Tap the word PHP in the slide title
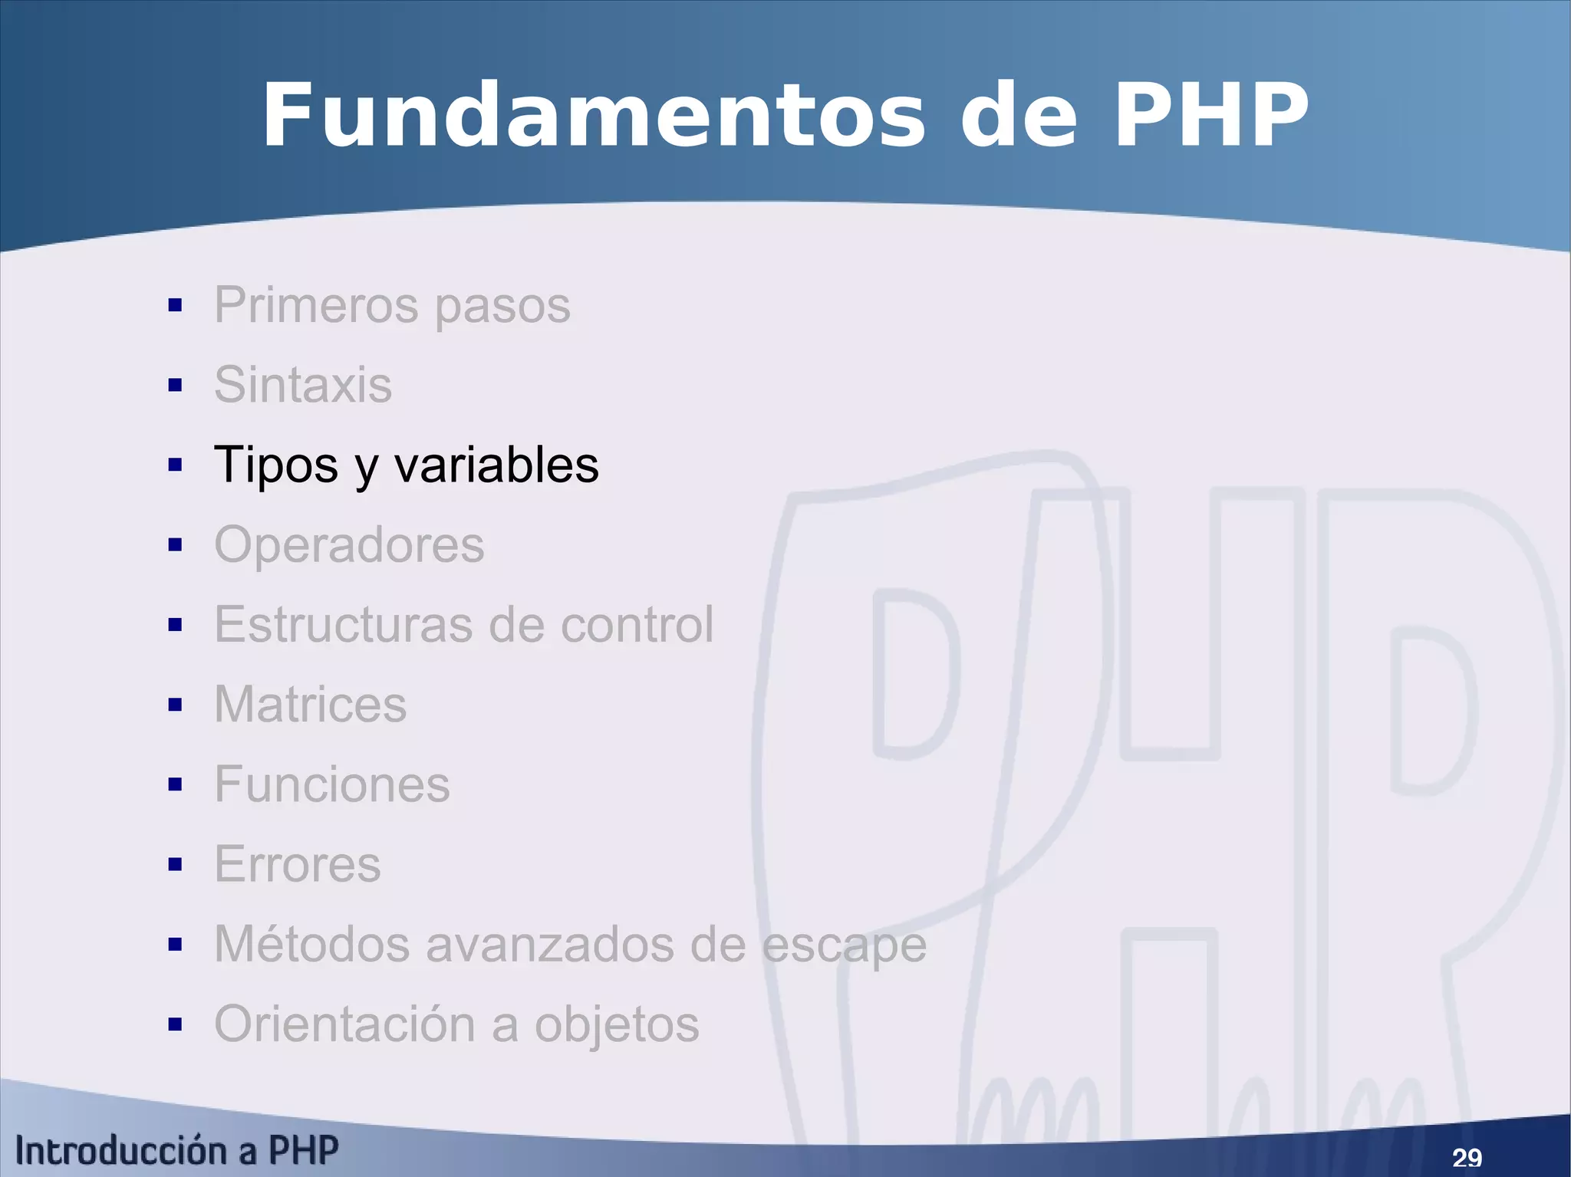(1210, 116)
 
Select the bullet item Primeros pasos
(392, 305)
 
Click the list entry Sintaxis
(303, 384)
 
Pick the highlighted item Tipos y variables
(406, 465)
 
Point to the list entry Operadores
(349, 544)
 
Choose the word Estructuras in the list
(343, 624)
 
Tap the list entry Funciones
(331, 784)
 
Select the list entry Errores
(297, 864)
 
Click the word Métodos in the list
(311, 944)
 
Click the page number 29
(1467, 1157)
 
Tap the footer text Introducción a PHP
(176, 1151)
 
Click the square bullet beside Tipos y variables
(175, 465)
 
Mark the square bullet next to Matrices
(175, 705)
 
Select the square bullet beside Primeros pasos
(175, 305)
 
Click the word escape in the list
(844, 945)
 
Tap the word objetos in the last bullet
(617, 1025)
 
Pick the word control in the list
(637, 624)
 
